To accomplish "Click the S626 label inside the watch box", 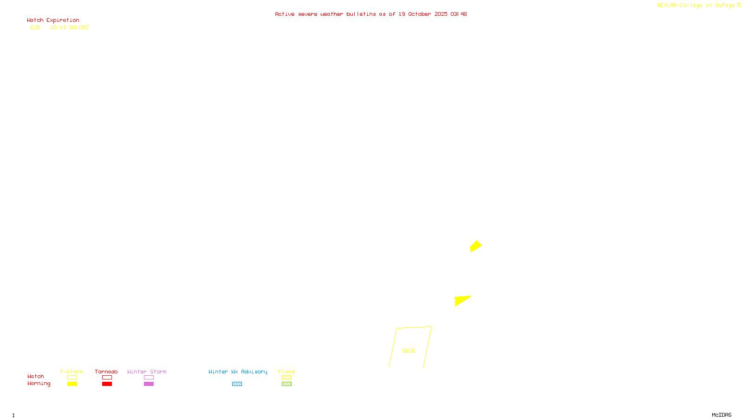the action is tap(409, 351).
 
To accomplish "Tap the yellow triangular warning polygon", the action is tap(461, 300).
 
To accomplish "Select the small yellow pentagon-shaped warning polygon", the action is tap(476, 246).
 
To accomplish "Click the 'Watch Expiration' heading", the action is tap(53, 20).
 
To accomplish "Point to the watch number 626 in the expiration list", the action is tap(35, 28).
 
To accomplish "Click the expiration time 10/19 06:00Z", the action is tap(69, 28).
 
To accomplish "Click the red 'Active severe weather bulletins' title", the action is tap(371, 14).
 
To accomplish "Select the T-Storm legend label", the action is tap(72, 372).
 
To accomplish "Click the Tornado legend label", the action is tap(106, 372).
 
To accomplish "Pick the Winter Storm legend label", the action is tap(147, 372).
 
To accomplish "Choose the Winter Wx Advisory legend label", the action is tap(238, 372).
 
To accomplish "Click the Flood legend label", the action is tap(287, 372).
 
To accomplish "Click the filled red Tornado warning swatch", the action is tap(107, 384).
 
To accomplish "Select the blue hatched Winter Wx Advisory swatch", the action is tap(237, 384).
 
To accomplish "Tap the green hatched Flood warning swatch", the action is tap(287, 384).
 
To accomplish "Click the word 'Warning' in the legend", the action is tap(39, 384).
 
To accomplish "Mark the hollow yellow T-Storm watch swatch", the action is tap(72, 378).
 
